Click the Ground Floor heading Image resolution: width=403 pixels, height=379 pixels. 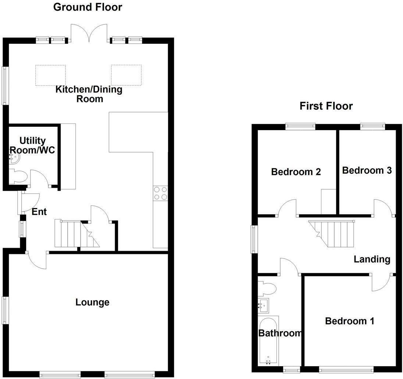(x=88, y=7)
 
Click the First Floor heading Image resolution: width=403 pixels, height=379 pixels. (x=326, y=106)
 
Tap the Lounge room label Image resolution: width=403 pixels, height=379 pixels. (x=92, y=302)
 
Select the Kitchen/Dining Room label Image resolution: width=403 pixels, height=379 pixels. (x=89, y=94)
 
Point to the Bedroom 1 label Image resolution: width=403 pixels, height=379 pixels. (x=349, y=321)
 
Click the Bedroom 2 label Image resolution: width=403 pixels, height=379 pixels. (x=296, y=172)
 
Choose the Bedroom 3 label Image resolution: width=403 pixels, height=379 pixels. (x=367, y=170)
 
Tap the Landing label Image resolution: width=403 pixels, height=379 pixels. (x=372, y=259)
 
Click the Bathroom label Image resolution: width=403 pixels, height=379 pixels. (x=280, y=333)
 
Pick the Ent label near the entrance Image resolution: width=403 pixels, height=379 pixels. (x=39, y=212)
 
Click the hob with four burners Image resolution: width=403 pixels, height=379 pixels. (x=160, y=193)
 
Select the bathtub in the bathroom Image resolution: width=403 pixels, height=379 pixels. (x=268, y=340)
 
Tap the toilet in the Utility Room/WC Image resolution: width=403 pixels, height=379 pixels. (x=18, y=177)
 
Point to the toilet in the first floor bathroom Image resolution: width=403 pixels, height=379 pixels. (x=267, y=288)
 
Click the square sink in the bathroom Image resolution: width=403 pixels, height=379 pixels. (x=264, y=305)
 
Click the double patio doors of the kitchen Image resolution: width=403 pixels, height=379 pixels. (x=89, y=33)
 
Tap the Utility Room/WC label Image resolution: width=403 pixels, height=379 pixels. (x=32, y=145)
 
